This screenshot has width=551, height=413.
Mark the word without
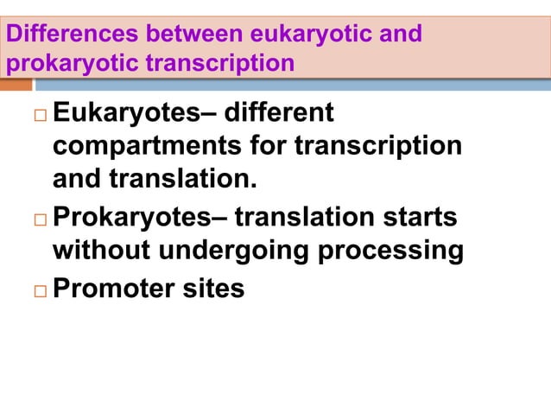point(104,251)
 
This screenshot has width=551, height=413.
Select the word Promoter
point(107,286)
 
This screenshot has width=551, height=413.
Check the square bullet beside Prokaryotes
point(41,219)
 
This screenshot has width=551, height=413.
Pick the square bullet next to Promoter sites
point(41,289)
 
